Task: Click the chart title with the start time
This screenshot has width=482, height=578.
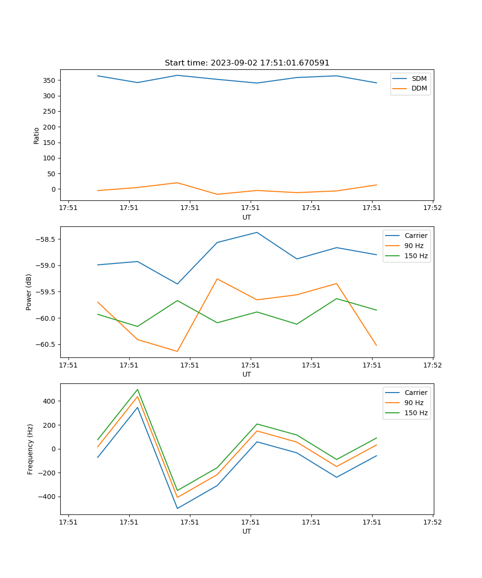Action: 247,63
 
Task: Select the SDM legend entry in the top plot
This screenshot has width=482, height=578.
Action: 419,79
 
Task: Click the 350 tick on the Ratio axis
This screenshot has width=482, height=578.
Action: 51,80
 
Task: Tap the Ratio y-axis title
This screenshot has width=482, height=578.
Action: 37,136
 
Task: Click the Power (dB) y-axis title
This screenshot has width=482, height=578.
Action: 29,292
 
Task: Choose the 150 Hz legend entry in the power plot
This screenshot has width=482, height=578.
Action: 416,256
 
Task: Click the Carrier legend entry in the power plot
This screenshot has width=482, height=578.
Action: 416,236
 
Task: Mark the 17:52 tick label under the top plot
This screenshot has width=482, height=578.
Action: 432,208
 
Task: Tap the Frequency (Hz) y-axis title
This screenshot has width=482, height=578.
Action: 30,449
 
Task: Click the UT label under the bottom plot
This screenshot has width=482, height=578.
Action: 247,531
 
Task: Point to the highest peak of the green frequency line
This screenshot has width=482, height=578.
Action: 137,390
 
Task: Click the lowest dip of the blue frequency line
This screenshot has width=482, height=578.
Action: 177,508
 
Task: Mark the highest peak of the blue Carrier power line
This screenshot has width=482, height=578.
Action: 257,233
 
